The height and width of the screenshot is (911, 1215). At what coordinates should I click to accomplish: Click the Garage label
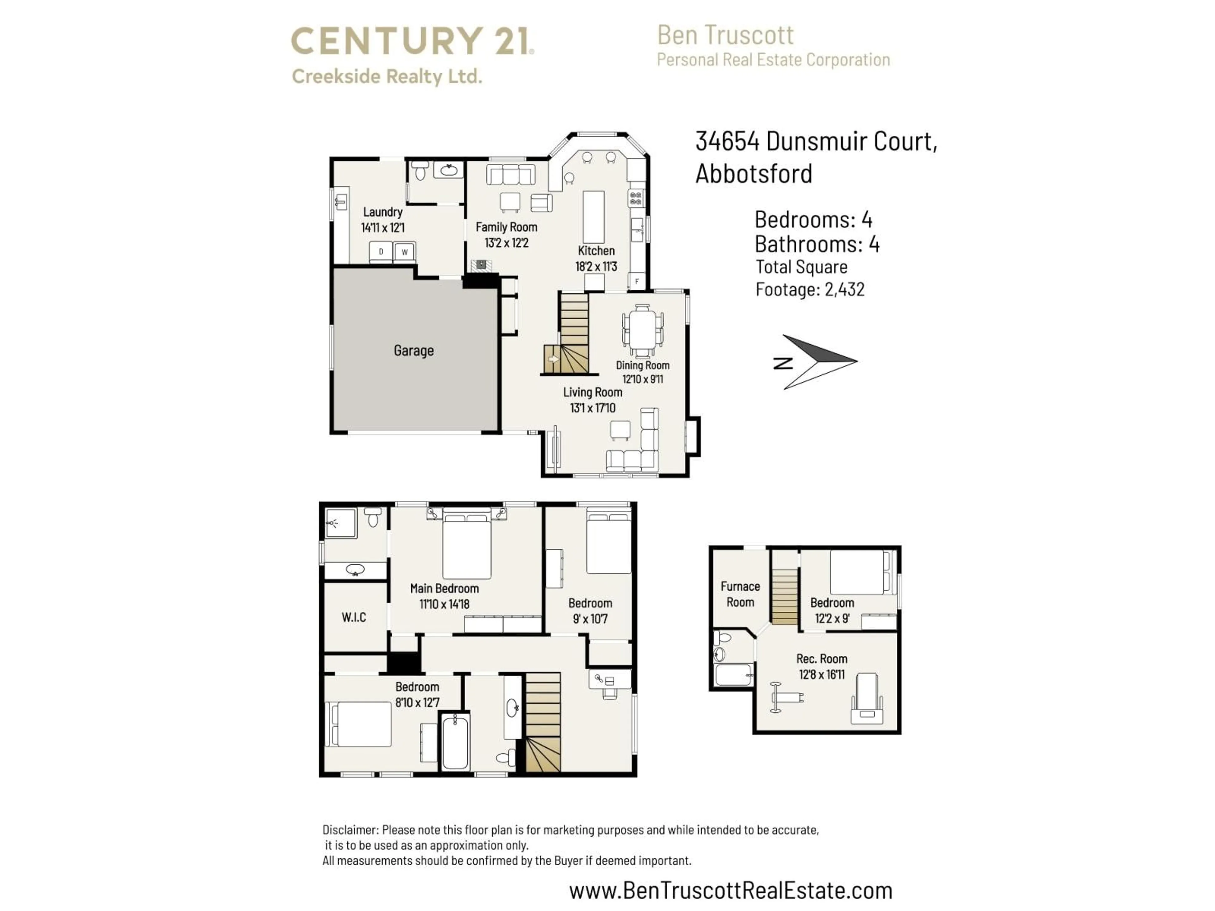[x=414, y=350]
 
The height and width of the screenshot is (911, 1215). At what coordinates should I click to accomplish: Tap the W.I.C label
[x=354, y=617]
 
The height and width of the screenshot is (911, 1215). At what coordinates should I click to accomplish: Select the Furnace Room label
[x=740, y=594]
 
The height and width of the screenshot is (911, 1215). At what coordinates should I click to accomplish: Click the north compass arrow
[x=819, y=361]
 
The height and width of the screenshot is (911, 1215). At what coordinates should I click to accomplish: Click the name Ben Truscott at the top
[x=725, y=35]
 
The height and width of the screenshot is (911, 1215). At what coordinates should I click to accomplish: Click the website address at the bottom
[x=731, y=890]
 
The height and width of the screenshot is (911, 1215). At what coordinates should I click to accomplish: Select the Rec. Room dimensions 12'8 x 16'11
[x=822, y=674]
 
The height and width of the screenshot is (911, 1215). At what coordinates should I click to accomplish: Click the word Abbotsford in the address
[x=754, y=174]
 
